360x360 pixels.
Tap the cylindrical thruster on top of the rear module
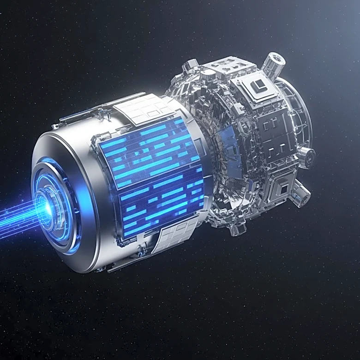[274, 64]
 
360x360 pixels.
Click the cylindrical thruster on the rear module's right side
[306, 156]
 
